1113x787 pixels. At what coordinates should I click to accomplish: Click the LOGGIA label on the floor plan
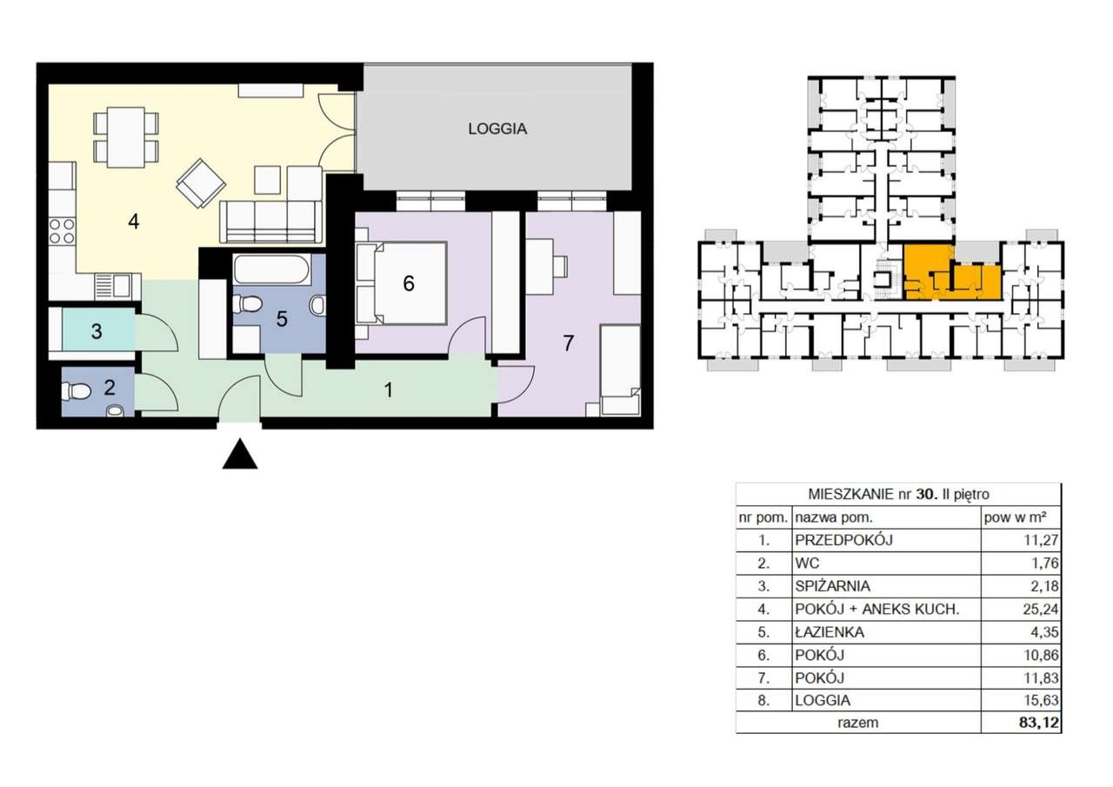[x=497, y=129]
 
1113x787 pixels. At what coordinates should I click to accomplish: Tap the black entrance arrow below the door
[x=240, y=454]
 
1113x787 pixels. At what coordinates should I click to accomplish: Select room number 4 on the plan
[x=133, y=222]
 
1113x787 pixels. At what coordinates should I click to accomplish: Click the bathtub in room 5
[x=265, y=270]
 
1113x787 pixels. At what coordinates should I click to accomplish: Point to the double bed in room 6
[x=402, y=283]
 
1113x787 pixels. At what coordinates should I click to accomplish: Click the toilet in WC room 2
[x=75, y=391]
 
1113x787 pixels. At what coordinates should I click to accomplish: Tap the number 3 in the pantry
[x=97, y=331]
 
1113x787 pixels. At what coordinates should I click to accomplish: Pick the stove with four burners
[x=62, y=231]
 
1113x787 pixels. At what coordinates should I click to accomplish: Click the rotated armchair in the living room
[x=201, y=183]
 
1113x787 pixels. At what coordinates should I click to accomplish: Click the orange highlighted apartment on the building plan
[x=950, y=273]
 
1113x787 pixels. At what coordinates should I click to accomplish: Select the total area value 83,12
[x=1039, y=722]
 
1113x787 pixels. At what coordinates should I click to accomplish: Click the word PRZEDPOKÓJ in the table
[x=843, y=540]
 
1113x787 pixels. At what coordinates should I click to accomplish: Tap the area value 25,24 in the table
[x=1041, y=609]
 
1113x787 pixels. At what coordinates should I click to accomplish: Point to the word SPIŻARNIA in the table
[x=832, y=586]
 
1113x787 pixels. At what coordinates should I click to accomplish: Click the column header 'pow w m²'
[x=1015, y=517]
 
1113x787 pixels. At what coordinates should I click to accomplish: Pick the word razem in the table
[x=857, y=723]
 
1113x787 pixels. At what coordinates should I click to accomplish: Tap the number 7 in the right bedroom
[x=569, y=343]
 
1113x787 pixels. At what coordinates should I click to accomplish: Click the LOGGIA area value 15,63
[x=1041, y=700]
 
